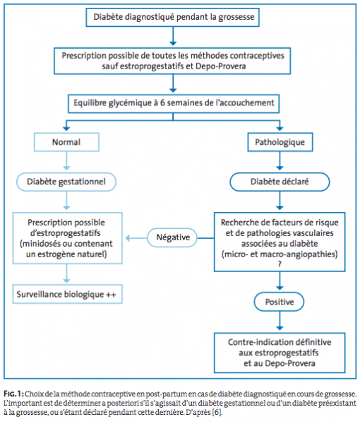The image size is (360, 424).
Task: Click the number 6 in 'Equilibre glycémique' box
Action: (x=162, y=103)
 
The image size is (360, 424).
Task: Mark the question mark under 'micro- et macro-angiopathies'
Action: (x=280, y=264)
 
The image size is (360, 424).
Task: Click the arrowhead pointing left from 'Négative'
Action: (x=128, y=238)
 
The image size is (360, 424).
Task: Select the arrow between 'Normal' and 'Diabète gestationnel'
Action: (x=66, y=161)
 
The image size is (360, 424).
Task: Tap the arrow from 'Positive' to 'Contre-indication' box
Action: (x=280, y=321)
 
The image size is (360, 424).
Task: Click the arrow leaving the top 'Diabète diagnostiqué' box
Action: (x=173, y=36)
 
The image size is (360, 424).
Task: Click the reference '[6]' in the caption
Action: (x=217, y=413)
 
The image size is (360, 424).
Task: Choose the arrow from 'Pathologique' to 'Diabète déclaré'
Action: (x=280, y=161)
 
